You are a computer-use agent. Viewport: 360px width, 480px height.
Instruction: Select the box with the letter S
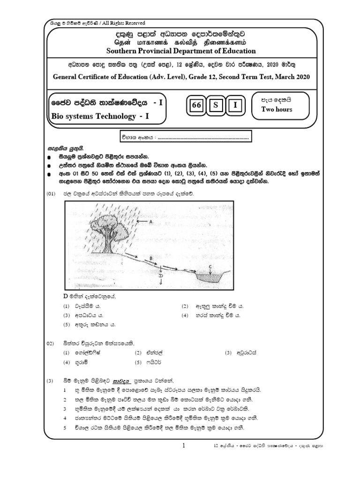tap(216, 105)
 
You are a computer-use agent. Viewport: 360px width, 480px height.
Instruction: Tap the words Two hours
tap(277, 109)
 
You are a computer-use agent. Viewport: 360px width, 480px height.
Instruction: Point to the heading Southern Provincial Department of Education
tap(181, 51)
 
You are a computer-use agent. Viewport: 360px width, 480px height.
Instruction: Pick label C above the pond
tap(211, 266)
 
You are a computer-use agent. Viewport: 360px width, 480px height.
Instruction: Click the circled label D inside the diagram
tap(161, 276)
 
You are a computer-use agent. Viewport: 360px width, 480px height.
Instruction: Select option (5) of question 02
tap(138, 362)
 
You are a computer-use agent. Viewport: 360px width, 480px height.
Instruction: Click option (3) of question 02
tap(228, 352)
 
